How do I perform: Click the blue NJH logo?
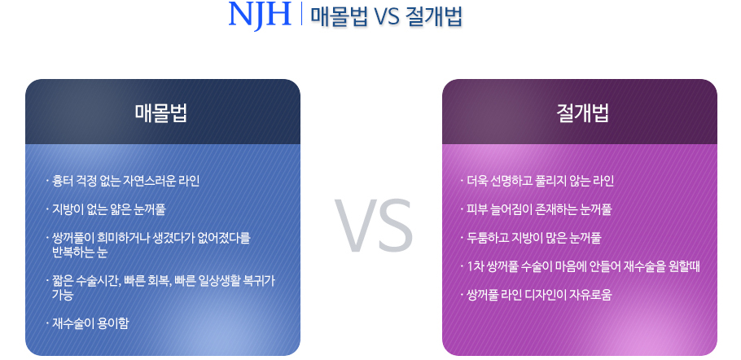click(x=260, y=15)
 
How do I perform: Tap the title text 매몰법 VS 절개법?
click(x=386, y=17)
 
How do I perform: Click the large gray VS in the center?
click(x=373, y=226)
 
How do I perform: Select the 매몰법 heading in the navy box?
click(x=161, y=113)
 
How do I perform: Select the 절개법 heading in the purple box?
click(x=583, y=113)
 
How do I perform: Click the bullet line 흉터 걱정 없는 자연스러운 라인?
click(x=123, y=181)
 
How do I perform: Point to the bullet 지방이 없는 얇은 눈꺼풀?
click(x=106, y=209)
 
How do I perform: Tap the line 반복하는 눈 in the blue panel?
click(x=80, y=252)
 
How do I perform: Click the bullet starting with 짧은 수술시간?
click(x=160, y=281)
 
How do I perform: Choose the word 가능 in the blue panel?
click(x=63, y=295)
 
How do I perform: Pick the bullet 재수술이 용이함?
click(x=87, y=323)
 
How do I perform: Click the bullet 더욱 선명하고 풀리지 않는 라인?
click(x=537, y=181)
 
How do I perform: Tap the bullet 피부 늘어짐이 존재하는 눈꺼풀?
click(x=537, y=209)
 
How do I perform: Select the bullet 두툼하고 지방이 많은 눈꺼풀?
click(x=531, y=238)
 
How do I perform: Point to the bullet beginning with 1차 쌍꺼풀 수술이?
click(x=581, y=266)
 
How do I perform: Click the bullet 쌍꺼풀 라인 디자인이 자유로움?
click(x=537, y=295)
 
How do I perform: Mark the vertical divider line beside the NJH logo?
click(x=301, y=14)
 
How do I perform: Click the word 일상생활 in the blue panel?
click(x=215, y=281)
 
